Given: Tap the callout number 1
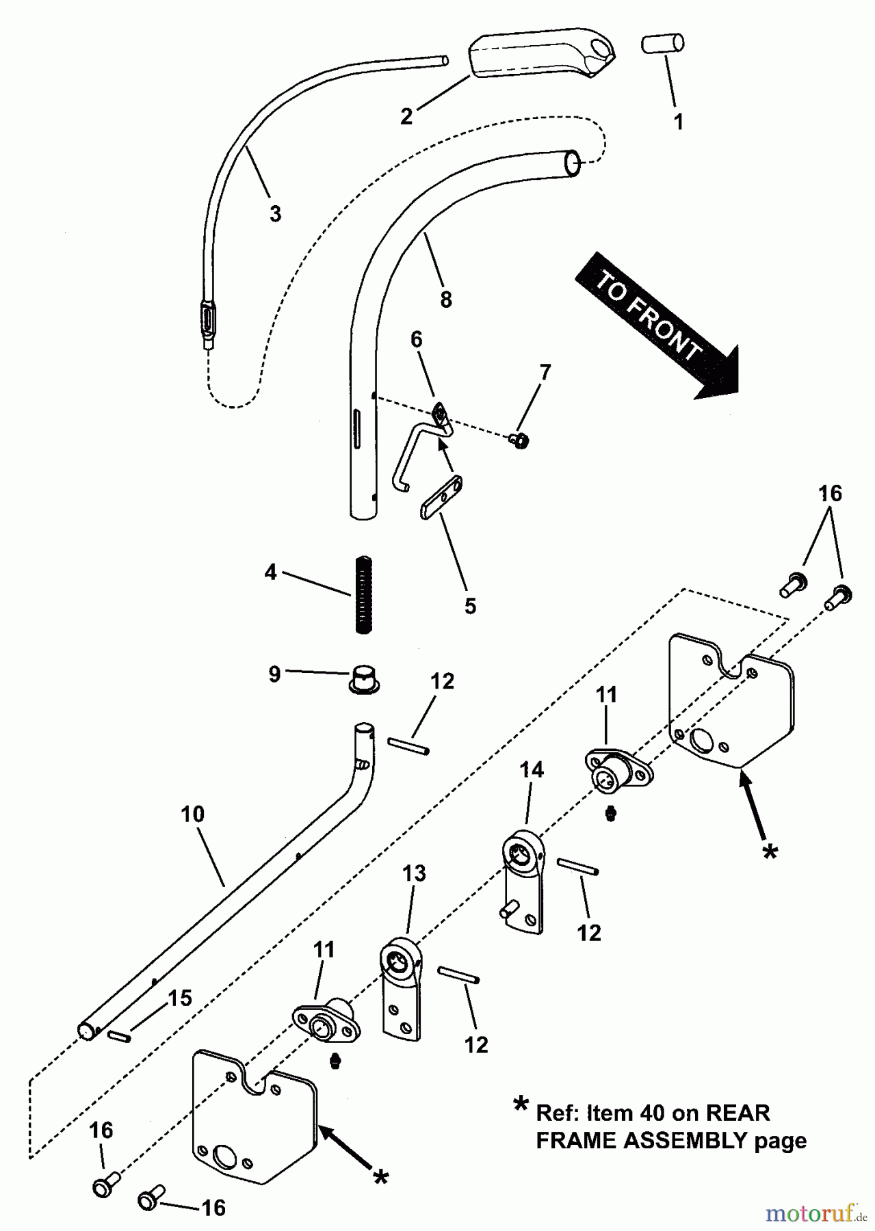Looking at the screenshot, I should [x=678, y=122].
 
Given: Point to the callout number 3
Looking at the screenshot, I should [x=275, y=214].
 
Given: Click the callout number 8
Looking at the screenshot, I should [x=445, y=299].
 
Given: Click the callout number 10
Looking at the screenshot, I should [x=193, y=815].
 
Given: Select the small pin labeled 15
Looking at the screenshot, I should [x=119, y=1037].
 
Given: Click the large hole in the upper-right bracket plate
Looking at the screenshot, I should [x=701, y=740].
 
